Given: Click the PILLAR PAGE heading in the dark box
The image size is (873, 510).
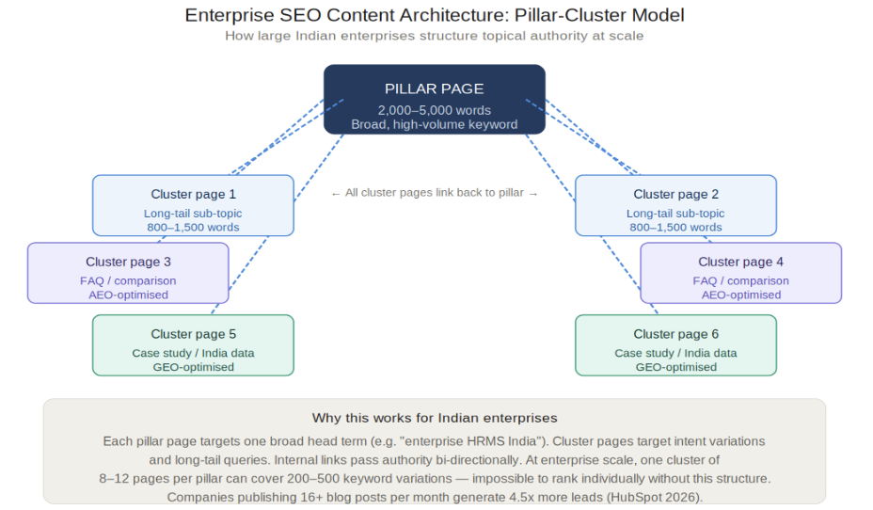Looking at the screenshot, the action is pos(435,88).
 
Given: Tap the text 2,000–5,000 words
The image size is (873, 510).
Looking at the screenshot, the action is pos(435,110).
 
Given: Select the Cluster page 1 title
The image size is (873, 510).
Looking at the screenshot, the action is pos(193,195).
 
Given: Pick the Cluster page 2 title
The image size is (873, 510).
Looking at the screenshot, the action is pos(675,195).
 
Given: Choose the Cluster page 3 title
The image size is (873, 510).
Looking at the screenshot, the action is pos(128,262).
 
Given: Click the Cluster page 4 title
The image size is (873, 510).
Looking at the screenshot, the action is pos(740,262).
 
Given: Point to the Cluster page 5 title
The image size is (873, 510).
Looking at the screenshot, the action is pos(193,334).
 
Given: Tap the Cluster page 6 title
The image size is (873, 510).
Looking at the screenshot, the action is pos(675,334).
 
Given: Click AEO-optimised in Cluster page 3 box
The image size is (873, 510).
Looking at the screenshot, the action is pos(128,295).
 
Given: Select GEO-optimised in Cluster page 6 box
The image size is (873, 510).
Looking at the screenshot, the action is pos(675,368).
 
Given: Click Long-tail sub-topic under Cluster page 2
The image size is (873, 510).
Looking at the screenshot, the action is pos(675,214).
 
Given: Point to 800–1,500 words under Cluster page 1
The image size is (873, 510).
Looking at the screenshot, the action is pos(193,227).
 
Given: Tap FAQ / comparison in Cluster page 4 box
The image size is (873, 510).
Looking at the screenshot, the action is pos(740,281).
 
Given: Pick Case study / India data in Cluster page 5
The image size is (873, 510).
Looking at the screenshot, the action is pos(193,353).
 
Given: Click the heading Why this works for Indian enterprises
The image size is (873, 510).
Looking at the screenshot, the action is pos(435,418).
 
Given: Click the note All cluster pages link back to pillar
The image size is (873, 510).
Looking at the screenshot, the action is pos(435,193).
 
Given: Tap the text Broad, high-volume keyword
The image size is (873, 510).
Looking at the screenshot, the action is pos(435,125).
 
